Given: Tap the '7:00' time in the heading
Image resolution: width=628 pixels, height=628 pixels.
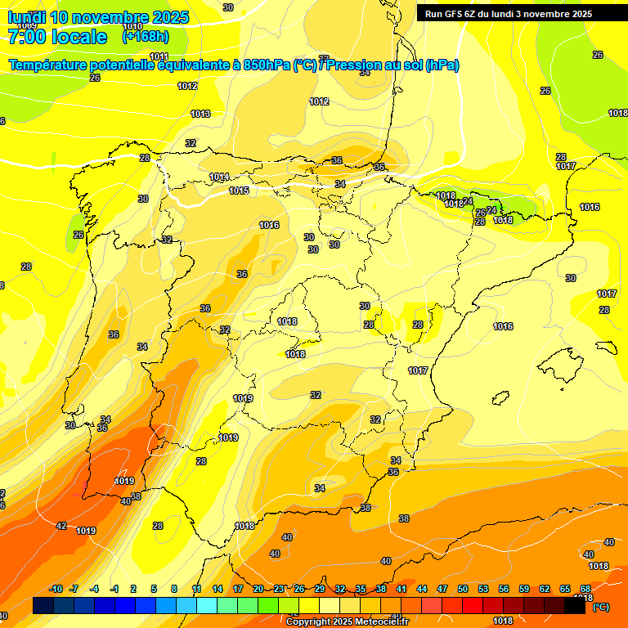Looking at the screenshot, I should (x=25, y=37).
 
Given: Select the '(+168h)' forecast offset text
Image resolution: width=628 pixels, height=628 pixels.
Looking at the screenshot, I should (x=146, y=37).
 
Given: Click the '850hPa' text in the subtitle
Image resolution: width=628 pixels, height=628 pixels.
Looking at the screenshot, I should (x=267, y=65).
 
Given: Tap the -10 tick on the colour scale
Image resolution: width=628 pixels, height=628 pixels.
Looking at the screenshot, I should (x=56, y=590).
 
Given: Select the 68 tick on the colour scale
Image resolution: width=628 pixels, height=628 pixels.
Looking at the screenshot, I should (x=585, y=590).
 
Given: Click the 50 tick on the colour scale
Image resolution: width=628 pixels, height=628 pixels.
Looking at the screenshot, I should (x=463, y=590).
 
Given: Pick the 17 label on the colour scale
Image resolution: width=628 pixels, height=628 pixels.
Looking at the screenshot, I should (x=238, y=590).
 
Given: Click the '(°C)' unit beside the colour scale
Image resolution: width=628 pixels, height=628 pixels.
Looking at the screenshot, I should (x=600, y=607).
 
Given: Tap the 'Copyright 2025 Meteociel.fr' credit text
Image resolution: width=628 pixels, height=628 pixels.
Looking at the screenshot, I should (x=347, y=622).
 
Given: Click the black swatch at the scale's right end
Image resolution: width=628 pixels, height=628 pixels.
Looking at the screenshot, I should (x=575, y=605).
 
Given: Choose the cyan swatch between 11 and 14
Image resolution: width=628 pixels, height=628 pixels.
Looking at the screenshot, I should (x=207, y=605).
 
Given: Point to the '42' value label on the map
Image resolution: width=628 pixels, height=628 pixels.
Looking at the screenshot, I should (x=61, y=526).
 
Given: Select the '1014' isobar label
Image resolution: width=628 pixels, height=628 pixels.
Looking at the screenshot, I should (x=218, y=177).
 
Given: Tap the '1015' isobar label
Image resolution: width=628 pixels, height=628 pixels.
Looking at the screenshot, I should (x=239, y=191).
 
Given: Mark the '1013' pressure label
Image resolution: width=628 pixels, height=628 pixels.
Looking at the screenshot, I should (x=200, y=114).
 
